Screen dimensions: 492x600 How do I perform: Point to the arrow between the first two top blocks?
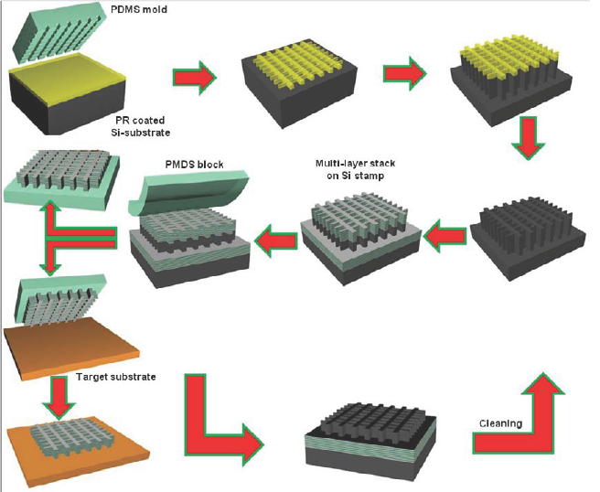[x=195, y=75]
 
